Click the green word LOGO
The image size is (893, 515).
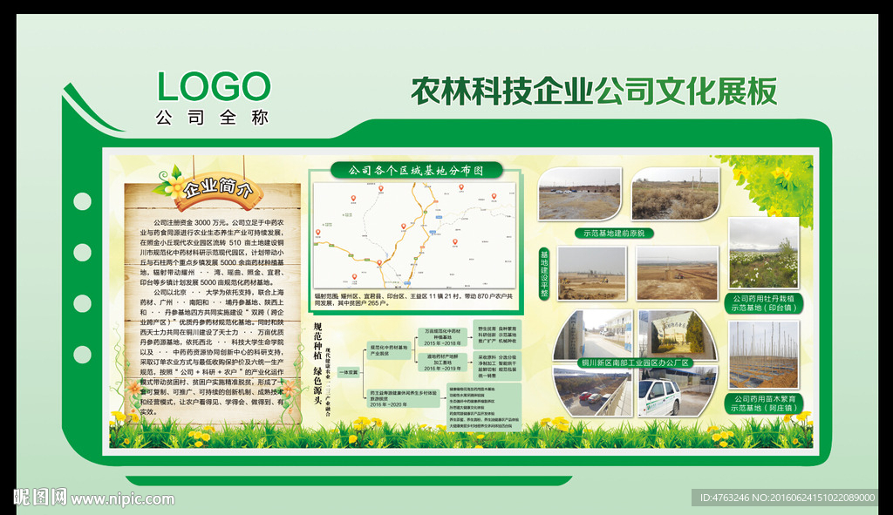click(x=214, y=87)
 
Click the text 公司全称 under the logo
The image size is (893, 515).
click(x=212, y=117)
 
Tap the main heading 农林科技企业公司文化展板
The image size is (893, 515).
click(x=593, y=91)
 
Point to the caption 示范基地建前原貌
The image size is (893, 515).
click(x=617, y=233)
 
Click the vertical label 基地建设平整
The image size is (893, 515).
click(x=545, y=274)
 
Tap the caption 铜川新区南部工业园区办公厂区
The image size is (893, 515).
click(x=635, y=363)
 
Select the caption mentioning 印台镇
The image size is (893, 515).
click(x=763, y=302)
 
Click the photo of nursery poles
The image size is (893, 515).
click(x=763, y=355)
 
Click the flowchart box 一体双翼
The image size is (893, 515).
click(x=347, y=373)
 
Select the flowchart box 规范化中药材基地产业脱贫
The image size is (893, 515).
click(x=389, y=349)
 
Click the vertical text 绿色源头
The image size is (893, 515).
click(x=318, y=388)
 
